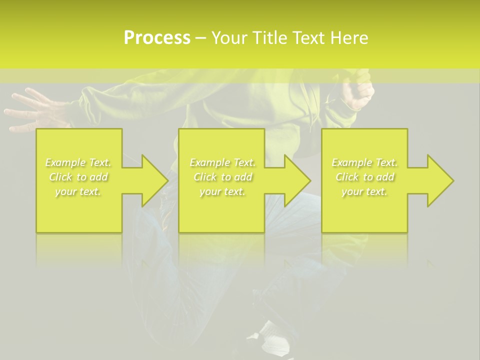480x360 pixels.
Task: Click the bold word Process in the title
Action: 157,38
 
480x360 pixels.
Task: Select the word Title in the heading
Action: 268,38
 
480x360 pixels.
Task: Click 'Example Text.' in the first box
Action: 78,162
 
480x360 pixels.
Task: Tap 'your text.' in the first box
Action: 78,191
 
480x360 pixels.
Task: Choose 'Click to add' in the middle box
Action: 222,177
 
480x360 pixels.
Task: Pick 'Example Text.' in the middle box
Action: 222,162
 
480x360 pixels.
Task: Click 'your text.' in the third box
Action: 364,191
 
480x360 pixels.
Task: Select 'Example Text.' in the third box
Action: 364,162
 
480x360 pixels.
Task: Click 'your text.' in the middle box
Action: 222,191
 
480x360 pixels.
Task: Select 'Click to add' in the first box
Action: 78,177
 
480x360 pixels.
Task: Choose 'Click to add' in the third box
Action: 364,177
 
